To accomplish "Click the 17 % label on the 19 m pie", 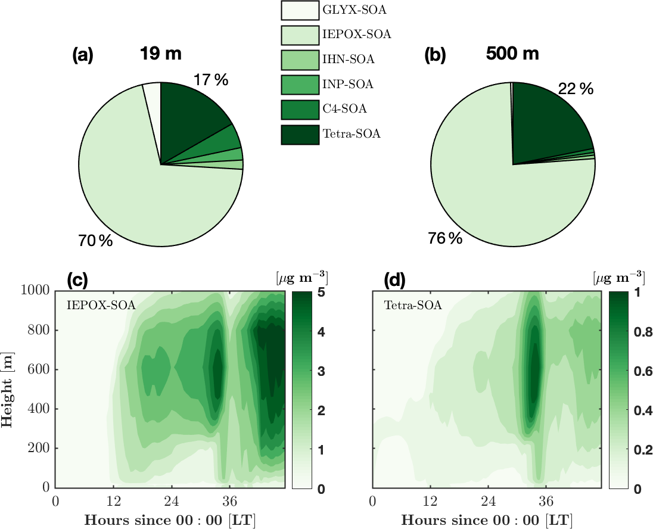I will tap(210, 80).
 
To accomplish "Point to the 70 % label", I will tap(95, 241).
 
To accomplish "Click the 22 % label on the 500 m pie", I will tap(576, 89).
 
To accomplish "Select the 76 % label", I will tap(445, 238).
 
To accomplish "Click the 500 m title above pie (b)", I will tap(512, 54).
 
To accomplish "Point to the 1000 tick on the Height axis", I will tap(37, 291).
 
